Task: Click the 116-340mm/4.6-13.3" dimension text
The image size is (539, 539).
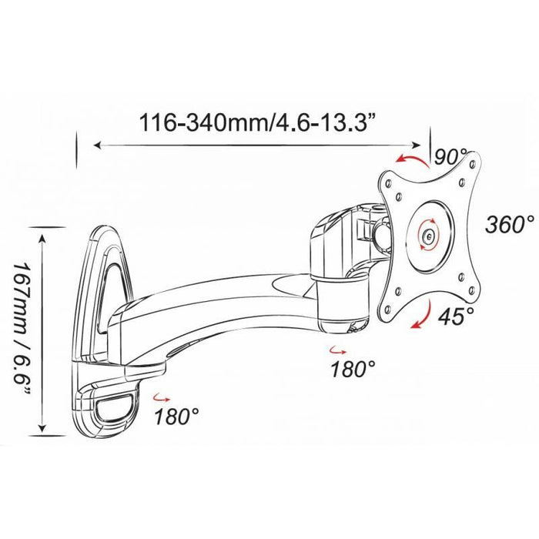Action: (x=257, y=122)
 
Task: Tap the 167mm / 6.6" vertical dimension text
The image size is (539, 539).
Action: (x=21, y=329)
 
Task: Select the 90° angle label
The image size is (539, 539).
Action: (x=450, y=157)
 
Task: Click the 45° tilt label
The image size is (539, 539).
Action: (x=456, y=316)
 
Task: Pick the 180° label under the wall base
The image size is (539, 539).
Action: (x=176, y=417)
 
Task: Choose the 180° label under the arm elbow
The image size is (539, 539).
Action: (x=353, y=369)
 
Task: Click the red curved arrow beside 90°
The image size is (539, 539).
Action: (x=413, y=160)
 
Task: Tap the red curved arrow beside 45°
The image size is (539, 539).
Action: (x=421, y=314)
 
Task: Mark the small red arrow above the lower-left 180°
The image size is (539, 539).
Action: (x=162, y=398)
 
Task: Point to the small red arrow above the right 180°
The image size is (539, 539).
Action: (x=337, y=350)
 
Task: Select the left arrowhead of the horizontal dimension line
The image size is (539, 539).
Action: (x=98, y=146)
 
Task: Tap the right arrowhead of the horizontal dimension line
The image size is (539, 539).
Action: (x=417, y=145)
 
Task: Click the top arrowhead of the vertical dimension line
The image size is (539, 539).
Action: (x=42, y=238)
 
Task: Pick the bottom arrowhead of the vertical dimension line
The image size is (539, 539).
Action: (x=42, y=427)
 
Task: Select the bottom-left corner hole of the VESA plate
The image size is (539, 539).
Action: (x=388, y=309)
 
